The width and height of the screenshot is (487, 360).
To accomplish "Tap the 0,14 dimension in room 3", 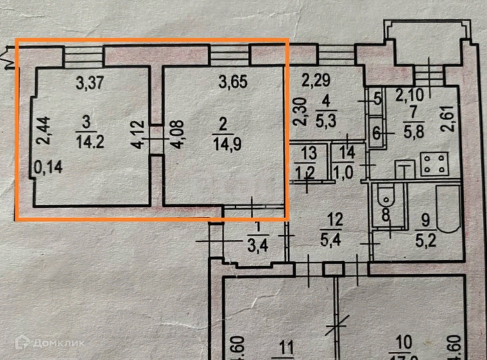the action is pyautogui.click(x=49, y=168).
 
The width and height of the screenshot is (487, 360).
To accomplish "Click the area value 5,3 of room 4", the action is pyautogui.click(x=328, y=120).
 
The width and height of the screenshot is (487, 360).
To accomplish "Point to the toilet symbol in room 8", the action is pyautogui.click(x=383, y=197).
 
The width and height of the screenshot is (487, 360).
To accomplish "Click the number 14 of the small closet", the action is pyautogui.click(x=348, y=154).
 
